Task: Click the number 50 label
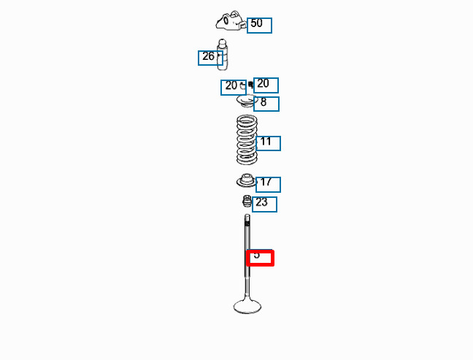click(259, 25)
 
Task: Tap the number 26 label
click(209, 58)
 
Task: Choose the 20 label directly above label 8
click(266, 85)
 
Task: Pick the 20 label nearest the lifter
click(232, 87)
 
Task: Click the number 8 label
click(266, 103)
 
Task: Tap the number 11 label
click(268, 143)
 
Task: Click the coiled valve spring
click(247, 139)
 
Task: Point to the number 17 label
click(268, 184)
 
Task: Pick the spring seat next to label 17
click(245, 181)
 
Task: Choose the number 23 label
click(264, 204)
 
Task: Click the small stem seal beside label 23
click(247, 201)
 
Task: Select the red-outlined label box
click(261, 257)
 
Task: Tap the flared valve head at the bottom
click(247, 305)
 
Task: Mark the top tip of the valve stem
click(247, 217)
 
